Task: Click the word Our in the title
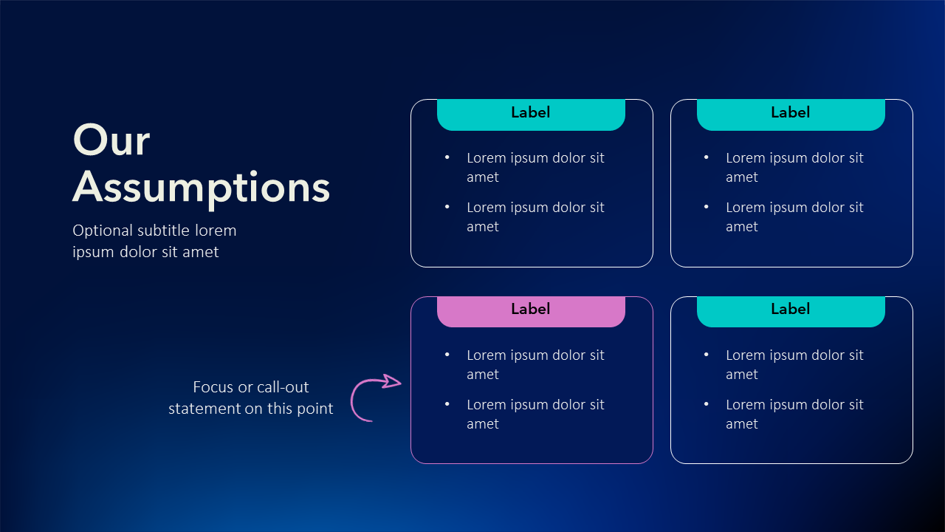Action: [111, 140]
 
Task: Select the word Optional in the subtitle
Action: [103, 231]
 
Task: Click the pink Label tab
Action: [531, 312]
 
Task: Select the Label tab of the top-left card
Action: [531, 115]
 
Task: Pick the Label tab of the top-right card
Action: [791, 115]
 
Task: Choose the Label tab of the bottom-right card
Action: [791, 312]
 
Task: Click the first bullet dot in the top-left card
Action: [447, 157]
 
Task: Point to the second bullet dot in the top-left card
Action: [447, 207]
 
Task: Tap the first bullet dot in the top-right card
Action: [707, 157]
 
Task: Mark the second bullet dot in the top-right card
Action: [707, 207]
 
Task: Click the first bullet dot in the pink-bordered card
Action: [447, 355]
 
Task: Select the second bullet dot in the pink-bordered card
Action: [447, 404]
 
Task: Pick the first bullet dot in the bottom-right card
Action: [707, 355]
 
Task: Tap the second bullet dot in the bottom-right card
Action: [707, 404]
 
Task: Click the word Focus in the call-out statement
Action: [213, 387]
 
